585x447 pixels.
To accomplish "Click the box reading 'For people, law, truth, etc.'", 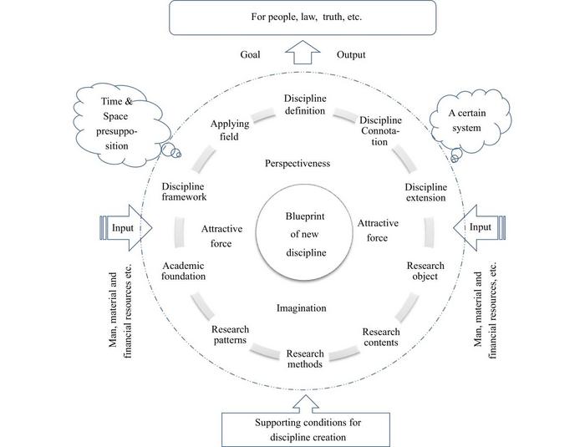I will (298, 18).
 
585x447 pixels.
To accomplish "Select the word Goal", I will (248, 55).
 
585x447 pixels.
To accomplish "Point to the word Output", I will (353, 55).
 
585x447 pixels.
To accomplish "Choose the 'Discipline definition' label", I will (298, 104).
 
